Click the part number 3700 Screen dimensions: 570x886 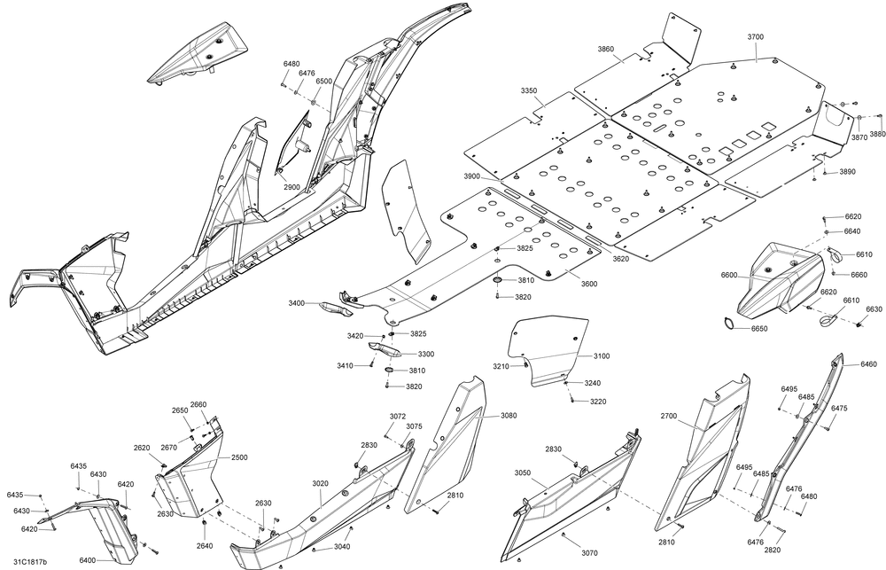click(x=755, y=37)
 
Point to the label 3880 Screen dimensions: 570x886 click(x=877, y=134)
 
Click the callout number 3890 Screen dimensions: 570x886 click(x=848, y=172)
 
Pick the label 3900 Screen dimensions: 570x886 click(x=471, y=177)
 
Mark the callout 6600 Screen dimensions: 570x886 click(x=728, y=276)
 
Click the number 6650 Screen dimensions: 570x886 click(x=759, y=329)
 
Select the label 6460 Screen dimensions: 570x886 click(x=868, y=364)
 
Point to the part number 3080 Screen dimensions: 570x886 click(x=509, y=415)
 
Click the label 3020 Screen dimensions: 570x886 click(x=320, y=483)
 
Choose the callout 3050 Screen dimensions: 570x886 click(x=523, y=473)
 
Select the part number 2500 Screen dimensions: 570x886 click(x=239, y=457)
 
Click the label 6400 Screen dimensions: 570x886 click(x=87, y=560)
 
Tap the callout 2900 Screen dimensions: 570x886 click(x=291, y=188)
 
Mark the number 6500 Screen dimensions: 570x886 click(x=324, y=81)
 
